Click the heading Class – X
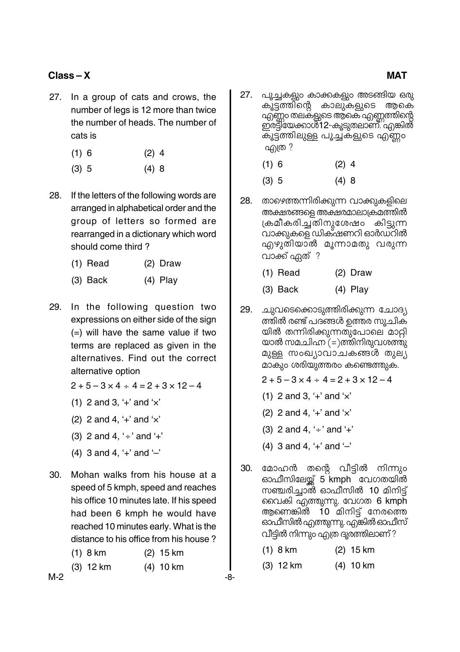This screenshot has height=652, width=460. pyautogui.click(x=69, y=76)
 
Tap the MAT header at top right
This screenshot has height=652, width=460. pyautogui.click(x=396, y=76)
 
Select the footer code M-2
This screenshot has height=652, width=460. pyautogui.click(x=56, y=577)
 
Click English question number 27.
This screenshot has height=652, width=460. pyautogui.click(x=55, y=97)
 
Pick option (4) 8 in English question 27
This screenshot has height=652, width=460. pyautogui.click(x=154, y=169)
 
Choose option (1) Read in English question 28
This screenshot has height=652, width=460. pyautogui.click(x=90, y=264)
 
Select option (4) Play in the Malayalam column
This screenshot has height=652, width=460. pyautogui.click(x=351, y=290)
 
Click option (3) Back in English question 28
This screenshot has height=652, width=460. pyautogui.click(x=89, y=280)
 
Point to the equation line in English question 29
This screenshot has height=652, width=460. pyautogui.click(x=136, y=386)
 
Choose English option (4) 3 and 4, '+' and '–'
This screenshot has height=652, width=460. pyautogui.click(x=115, y=453)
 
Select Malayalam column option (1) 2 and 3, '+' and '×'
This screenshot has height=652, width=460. pyautogui.click(x=306, y=396)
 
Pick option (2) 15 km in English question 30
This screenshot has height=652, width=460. pyautogui.click(x=164, y=553)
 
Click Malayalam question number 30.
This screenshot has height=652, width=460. pyautogui.click(x=246, y=468)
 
